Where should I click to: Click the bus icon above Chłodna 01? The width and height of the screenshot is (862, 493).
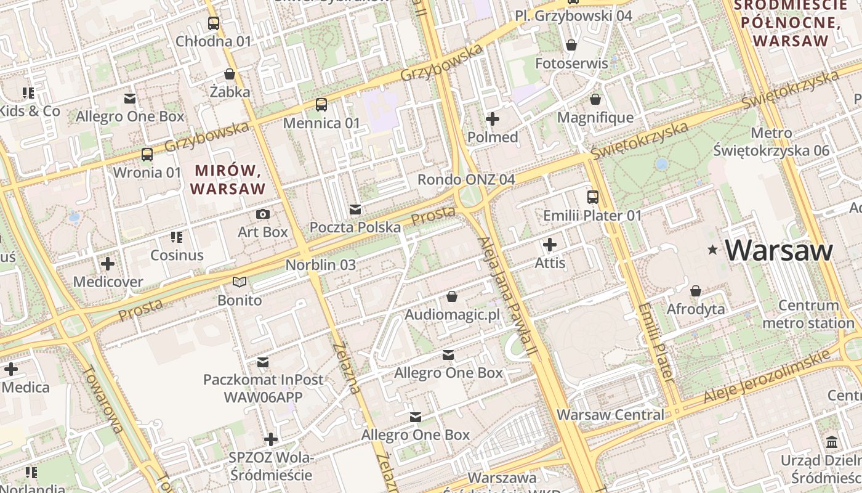click(x=214, y=23)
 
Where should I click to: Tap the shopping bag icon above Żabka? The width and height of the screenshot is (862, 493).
click(x=230, y=75)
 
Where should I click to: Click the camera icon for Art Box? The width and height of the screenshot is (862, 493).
click(x=263, y=214)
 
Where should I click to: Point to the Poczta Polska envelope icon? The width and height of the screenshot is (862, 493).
click(x=355, y=210)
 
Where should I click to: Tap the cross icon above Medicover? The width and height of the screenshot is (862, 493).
click(x=108, y=264)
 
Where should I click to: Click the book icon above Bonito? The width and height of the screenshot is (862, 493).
click(x=240, y=282)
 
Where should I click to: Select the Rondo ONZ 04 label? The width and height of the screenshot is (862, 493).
click(x=465, y=179)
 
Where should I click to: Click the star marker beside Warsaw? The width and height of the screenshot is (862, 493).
click(x=713, y=250)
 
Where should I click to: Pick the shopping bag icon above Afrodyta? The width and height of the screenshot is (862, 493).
click(x=696, y=290)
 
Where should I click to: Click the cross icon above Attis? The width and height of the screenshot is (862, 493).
click(x=550, y=245)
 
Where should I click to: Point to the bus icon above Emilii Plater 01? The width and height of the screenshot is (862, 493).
click(x=592, y=197)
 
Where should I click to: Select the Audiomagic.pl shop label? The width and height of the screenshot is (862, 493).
click(x=452, y=315)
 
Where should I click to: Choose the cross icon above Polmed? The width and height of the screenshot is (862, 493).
click(x=493, y=119)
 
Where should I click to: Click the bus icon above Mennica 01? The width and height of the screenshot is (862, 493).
click(x=321, y=105)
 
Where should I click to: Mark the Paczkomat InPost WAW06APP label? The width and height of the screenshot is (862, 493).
click(x=264, y=388)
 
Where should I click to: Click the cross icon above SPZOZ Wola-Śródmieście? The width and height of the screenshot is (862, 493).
click(x=270, y=439)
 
